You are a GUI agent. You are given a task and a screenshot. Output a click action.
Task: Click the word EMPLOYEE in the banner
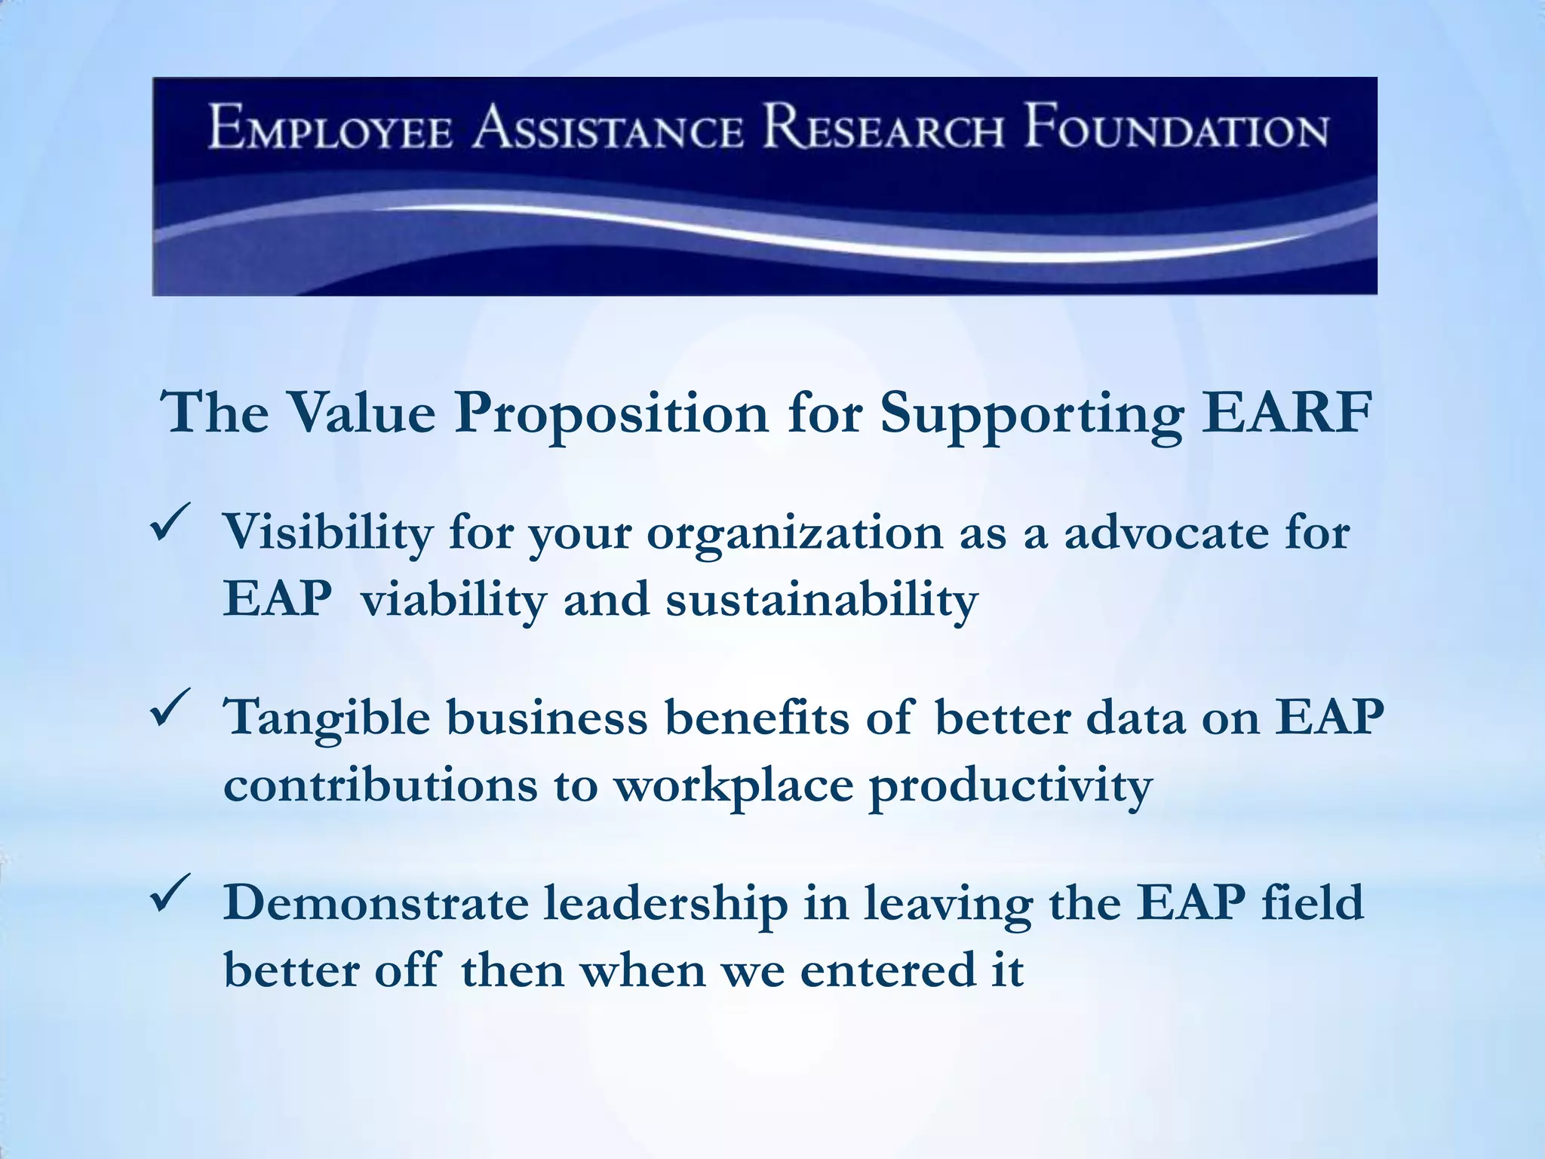330,129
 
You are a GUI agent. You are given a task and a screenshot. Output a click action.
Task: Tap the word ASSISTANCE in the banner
608,129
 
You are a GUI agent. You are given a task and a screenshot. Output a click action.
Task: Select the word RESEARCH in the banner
883,129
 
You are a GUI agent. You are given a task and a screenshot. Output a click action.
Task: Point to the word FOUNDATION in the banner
1175,129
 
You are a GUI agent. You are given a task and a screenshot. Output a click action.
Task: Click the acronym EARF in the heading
1285,413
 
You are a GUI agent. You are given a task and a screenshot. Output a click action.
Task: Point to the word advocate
1166,533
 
